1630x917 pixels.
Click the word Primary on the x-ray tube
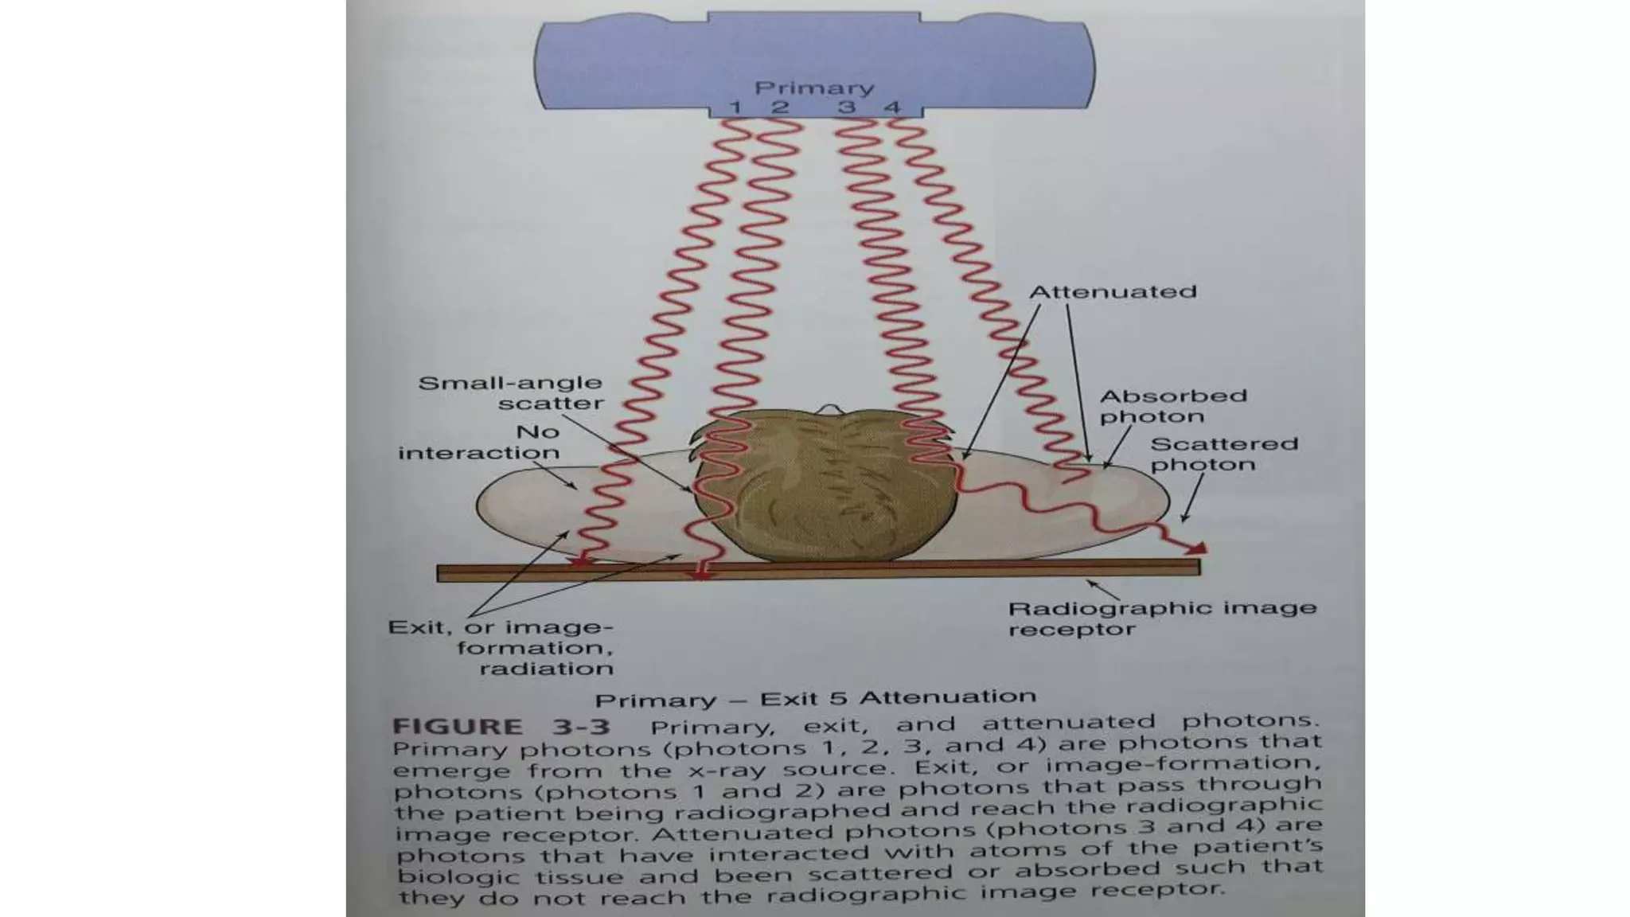(813, 88)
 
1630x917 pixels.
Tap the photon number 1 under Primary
(735, 107)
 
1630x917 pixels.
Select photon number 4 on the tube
(893, 107)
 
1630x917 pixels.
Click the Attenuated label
(1113, 292)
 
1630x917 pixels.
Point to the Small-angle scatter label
(511, 393)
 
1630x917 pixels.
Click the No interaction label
(480, 443)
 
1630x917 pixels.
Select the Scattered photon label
(1223, 454)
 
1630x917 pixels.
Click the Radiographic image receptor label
(1161, 618)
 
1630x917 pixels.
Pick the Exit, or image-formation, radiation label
(502, 647)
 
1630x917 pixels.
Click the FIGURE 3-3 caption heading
(501, 727)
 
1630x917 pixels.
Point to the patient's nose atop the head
(828, 408)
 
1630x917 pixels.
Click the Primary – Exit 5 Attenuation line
(816, 699)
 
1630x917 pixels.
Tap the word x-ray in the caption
(734, 771)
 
